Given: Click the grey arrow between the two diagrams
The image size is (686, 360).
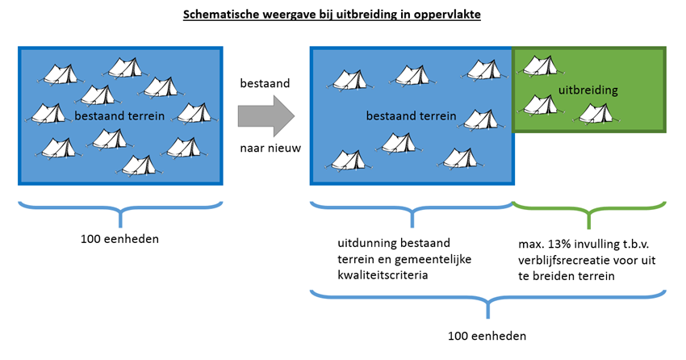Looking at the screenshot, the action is click(x=266, y=116).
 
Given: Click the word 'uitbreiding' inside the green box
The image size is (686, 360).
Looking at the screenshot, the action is click(x=588, y=90).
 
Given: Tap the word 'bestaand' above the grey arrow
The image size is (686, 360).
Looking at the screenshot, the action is click(x=265, y=83).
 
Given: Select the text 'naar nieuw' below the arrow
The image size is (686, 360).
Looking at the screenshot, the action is click(x=270, y=148).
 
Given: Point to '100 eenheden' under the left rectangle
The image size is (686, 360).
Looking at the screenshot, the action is click(x=119, y=239).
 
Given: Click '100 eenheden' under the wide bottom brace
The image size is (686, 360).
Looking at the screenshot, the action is click(x=487, y=336).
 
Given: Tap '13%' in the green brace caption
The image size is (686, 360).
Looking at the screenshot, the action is click(x=558, y=244).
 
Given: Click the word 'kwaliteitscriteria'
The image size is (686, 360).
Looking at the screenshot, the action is click(x=383, y=275).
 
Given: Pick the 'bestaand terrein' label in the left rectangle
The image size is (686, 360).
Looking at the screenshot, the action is click(x=119, y=116).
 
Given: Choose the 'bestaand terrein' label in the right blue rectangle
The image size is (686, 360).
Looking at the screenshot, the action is click(x=411, y=116).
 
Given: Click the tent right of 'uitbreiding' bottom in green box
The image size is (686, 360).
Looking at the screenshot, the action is click(x=596, y=114).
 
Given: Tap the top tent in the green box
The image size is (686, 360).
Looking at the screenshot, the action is click(x=541, y=66).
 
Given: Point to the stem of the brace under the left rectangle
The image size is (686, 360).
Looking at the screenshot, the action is click(x=120, y=218).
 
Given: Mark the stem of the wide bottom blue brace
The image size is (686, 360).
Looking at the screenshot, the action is click(x=487, y=309).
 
